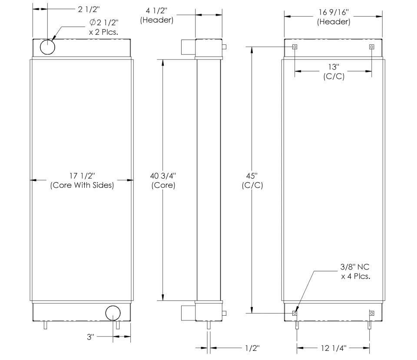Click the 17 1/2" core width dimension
(82, 180)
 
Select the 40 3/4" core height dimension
(163, 180)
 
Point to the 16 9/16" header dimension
(334, 17)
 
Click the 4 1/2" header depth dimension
(157, 15)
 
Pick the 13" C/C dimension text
(333, 71)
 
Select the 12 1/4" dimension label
(333, 347)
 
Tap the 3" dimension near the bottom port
(90, 337)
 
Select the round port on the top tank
(48, 47)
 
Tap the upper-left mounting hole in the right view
(295, 47)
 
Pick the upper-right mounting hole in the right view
(371, 47)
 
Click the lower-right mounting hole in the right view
(371, 313)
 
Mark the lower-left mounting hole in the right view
(295, 313)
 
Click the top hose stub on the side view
(188, 47)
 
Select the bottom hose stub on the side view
(188, 313)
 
